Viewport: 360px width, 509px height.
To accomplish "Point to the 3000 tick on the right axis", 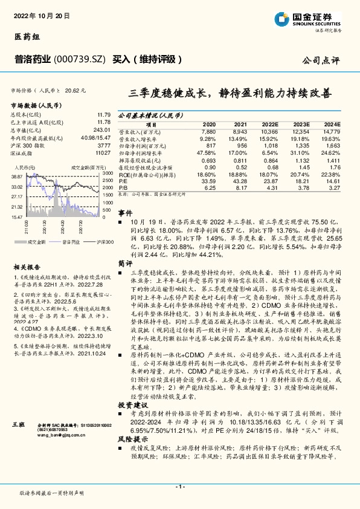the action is (108, 173).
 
